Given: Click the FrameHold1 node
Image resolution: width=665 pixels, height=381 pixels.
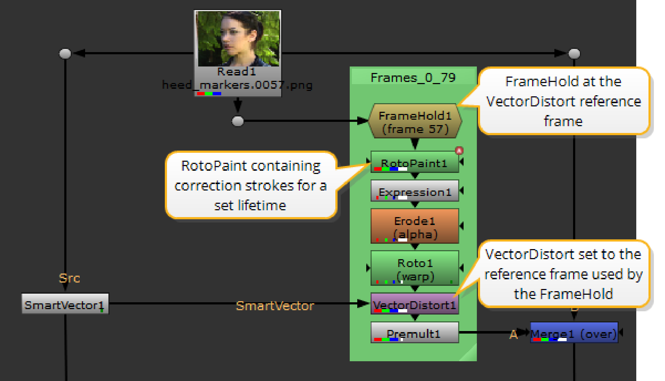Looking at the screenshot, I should pos(415,121).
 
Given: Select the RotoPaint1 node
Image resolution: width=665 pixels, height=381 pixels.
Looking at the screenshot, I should pos(415,162).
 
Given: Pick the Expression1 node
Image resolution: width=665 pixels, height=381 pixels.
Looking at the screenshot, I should pos(415,191).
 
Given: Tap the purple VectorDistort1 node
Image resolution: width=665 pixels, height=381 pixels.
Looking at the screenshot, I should pos(415,304).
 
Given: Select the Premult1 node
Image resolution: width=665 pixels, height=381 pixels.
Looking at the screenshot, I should pos(415,333).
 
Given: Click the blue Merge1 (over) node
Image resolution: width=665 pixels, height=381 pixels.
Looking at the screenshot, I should pos(574,333).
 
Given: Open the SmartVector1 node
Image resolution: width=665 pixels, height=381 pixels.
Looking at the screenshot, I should pos(65,304).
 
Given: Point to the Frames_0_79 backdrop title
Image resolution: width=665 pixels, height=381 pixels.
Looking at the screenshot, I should pos(413,77).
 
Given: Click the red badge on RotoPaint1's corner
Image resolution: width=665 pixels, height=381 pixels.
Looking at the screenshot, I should pos(459,151).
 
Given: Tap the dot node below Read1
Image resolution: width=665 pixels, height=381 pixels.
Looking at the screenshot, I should pos(238,121).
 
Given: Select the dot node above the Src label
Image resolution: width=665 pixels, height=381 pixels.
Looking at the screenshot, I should pos(65,54).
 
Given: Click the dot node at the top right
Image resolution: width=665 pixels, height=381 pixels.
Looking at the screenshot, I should pos(574,54).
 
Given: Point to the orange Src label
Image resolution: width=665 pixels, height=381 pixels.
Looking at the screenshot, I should pos(69,278).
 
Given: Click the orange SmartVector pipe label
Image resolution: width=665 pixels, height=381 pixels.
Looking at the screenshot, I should pos(275,306).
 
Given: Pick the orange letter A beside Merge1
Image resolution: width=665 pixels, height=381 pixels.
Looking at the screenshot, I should pos(513,335).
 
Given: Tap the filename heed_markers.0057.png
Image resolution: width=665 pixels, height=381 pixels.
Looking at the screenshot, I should pos(237,85).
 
